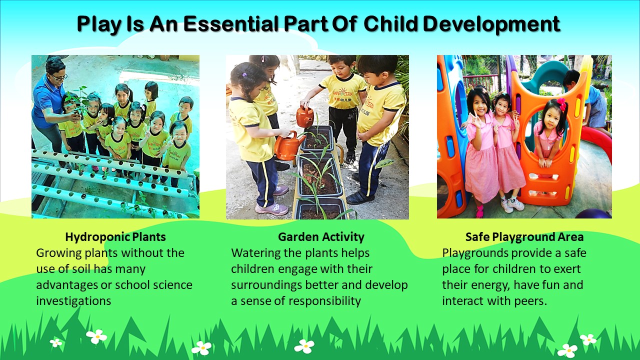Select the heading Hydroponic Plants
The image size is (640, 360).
(115, 237)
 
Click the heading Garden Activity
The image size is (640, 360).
(321, 237)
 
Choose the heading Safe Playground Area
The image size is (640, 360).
(524, 237)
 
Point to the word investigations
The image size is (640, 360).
(73, 301)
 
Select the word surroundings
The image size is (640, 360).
(266, 285)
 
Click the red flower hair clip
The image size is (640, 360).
(561, 104)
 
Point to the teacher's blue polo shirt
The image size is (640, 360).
(47, 100)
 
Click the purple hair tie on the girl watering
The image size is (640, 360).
(244, 75)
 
